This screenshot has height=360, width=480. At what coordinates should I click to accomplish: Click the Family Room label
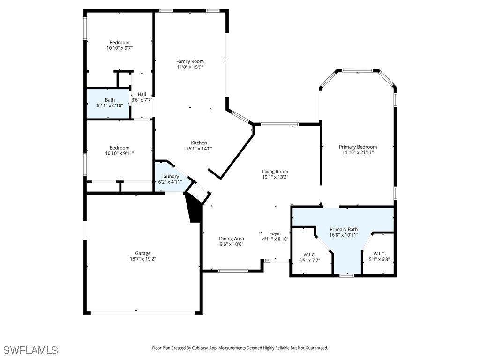pyautogui.click(x=190, y=61)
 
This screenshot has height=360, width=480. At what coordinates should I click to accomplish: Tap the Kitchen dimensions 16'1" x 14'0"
pyautogui.click(x=199, y=149)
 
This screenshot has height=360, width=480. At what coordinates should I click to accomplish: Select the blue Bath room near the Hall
pyautogui.click(x=109, y=103)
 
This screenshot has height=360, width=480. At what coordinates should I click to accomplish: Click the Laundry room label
pyautogui.click(x=170, y=176)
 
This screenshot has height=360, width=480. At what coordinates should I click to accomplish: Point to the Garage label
pyautogui.click(x=143, y=253)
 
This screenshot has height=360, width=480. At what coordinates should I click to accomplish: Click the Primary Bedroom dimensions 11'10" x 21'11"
pyautogui.click(x=358, y=152)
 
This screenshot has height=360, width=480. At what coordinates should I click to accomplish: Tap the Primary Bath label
pyautogui.click(x=343, y=229)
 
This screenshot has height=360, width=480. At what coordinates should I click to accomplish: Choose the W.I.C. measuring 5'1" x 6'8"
pyautogui.click(x=379, y=256)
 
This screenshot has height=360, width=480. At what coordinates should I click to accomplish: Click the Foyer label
pyautogui.click(x=275, y=233)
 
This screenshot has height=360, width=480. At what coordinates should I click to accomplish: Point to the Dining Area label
pyautogui.click(x=232, y=239)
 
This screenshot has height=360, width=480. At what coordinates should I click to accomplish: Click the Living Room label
pyautogui.click(x=275, y=172)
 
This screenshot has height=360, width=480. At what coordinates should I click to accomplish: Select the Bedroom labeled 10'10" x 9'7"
pyautogui.click(x=120, y=45)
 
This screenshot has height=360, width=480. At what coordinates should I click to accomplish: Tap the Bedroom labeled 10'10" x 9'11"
pyautogui.click(x=120, y=150)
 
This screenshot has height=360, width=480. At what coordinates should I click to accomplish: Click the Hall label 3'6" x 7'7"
pyautogui.click(x=142, y=97)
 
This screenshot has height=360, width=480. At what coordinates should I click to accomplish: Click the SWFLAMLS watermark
pyautogui.click(x=30, y=350)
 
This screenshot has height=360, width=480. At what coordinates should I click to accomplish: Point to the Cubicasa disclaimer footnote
pyautogui.click(x=240, y=348)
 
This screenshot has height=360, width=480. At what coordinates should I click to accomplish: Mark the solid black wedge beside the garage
pyautogui.click(x=194, y=209)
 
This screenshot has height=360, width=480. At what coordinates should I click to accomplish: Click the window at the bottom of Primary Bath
pyautogui.click(x=346, y=276)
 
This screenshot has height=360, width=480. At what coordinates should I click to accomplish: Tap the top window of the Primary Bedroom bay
pyautogui.click(x=357, y=71)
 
